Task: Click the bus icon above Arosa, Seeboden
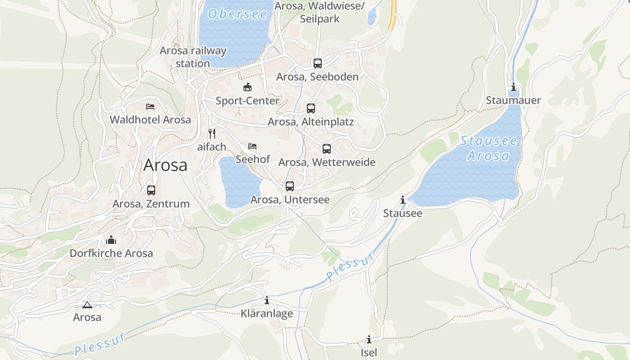tap(318, 63)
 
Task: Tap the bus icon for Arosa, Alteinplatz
tap(311, 108)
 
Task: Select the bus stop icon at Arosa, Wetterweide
tap(327, 149)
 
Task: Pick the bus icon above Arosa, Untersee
tap(290, 186)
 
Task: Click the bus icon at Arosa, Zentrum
tap(151, 190)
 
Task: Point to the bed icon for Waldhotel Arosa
tap(150, 107)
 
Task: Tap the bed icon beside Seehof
tap(252, 146)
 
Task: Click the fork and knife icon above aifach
tap(212, 134)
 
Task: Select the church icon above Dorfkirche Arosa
tap(111, 240)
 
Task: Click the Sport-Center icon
tap(247, 87)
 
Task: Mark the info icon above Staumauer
tap(513, 87)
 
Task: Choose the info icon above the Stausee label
tap(403, 200)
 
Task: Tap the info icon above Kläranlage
tap(267, 300)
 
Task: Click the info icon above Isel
tap(369, 339)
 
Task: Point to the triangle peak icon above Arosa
tap(87, 305)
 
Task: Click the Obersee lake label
tap(238, 14)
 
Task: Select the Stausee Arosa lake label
tap(489, 148)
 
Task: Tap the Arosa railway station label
tap(193, 57)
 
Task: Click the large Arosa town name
tap(165, 165)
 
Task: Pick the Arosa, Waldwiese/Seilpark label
tap(320, 13)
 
